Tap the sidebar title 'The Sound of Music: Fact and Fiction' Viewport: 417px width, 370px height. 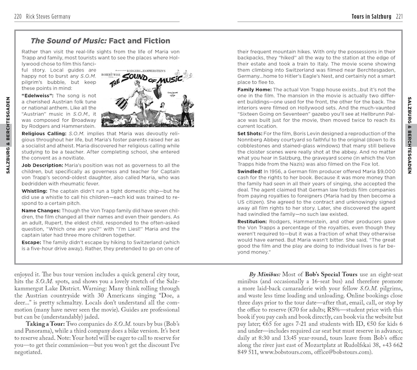point(100,41)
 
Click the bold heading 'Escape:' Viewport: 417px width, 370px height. point(31,243)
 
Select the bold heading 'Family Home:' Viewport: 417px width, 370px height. point(254,89)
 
